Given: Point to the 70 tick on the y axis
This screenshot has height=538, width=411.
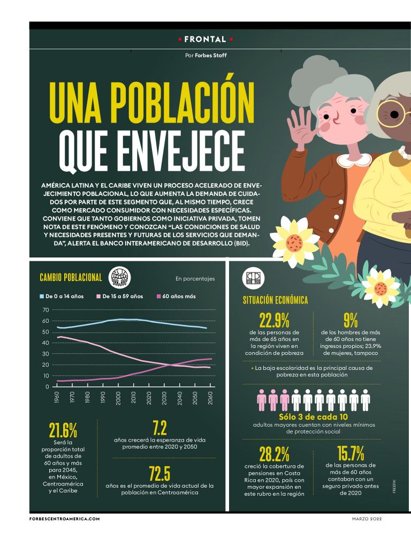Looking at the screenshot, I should pyautogui.click(x=45, y=310).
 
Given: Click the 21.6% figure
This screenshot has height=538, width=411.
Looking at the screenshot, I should pyautogui.click(x=63, y=430).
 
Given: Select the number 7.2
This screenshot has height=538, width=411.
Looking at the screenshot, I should pyautogui.click(x=159, y=428).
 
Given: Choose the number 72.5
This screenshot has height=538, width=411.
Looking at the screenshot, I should pyautogui.click(x=159, y=473).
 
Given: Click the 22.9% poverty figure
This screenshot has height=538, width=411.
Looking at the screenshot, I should pyautogui.click(x=274, y=321).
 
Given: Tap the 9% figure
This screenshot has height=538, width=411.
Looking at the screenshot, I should pyautogui.click(x=351, y=321).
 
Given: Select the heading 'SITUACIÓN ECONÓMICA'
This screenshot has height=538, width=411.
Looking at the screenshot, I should pyautogui.click(x=276, y=300).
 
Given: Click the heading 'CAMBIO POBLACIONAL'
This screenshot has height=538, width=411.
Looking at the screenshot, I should pyautogui.click(x=71, y=277).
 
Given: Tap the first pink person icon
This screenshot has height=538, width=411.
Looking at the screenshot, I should pyautogui.click(x=262, y=399).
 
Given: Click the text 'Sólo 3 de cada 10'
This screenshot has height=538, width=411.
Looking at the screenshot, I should pyautogui.click(x=313, y=417).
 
